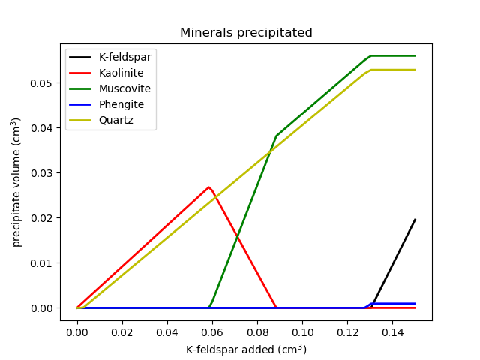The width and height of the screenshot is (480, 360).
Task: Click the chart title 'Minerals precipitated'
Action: [246, 33]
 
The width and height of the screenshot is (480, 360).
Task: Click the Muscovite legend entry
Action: [124, 88]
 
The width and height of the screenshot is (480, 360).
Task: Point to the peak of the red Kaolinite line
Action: [208, 187]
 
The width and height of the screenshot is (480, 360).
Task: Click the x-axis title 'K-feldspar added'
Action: [246, 349]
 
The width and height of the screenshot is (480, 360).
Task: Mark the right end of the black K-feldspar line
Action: [415, 220]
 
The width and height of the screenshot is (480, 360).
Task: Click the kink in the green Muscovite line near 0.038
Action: [276, 136]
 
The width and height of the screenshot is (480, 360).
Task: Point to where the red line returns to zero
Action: [276, 307]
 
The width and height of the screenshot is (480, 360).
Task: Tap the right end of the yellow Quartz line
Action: [415, 70]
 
